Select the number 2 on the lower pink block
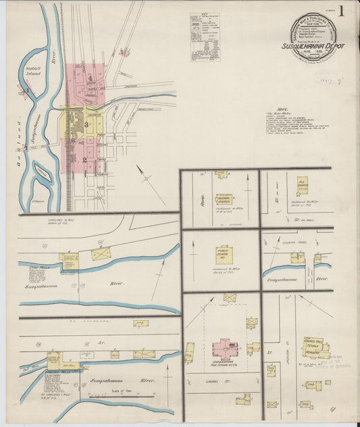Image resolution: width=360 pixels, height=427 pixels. click(x=85, y=159)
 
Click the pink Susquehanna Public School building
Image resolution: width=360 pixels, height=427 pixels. click(x=224, y=349)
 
